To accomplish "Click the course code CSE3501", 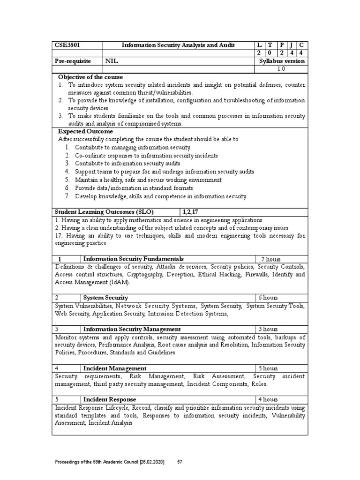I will [x=69, y=45].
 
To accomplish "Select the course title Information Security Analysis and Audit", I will [x=178, y=45].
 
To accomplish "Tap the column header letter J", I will [x=291, y=45].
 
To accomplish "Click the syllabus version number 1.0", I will [x=281, y=68].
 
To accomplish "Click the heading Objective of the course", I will [x=90, y=77].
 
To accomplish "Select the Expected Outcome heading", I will [x=85, y=132].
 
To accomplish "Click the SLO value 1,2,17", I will [x=192, y=212].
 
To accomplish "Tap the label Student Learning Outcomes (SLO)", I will [x=104, y=212].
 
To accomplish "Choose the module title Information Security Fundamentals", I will [x=133, y=259].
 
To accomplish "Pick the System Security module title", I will [x=105, y=298].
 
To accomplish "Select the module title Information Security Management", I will [x=132, y=330].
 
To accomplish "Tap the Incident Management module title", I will [x=115, y=368].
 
